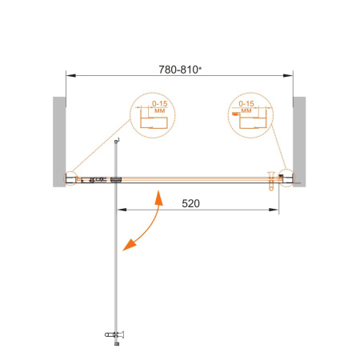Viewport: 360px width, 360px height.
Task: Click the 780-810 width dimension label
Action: (x=178, y=70)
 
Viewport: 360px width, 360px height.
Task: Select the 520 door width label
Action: (x=190, y=204)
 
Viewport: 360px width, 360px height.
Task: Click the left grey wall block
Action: (x=59, y=142)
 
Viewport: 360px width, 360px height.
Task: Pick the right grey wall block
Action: (x=299, y=142)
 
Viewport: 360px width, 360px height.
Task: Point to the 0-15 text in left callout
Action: (x=160, y=104)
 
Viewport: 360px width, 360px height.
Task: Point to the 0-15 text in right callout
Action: (x=246, y=103)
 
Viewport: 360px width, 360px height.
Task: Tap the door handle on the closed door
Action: (x=271, y=181)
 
